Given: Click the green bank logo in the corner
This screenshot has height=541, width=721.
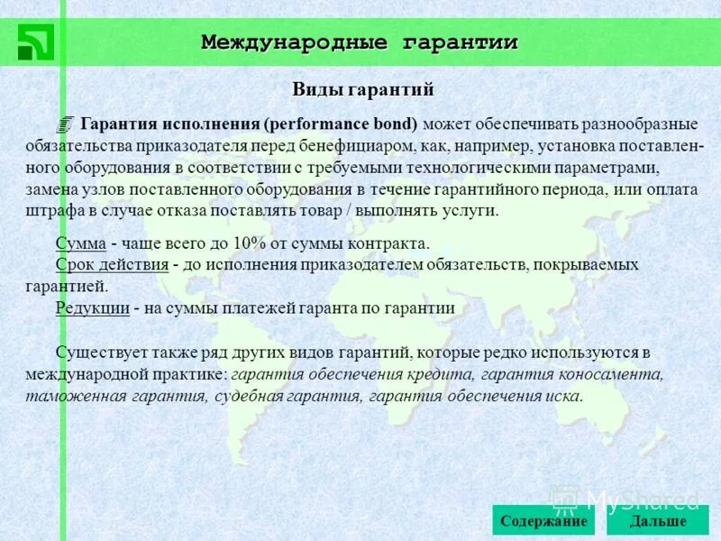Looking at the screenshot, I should click(35, 41).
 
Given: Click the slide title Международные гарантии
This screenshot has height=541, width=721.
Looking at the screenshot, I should click(359, 41).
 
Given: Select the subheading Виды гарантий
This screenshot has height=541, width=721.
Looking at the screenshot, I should click(363, 89).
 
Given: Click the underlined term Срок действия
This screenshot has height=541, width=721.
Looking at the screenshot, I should click(112, 265).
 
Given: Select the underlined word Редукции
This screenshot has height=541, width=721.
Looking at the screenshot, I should click(91, 307).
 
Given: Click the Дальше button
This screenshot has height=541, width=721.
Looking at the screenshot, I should click(658, 521).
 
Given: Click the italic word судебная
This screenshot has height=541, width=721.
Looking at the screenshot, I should click(247, 395).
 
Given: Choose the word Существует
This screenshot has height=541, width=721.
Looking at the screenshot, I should click(99, 353).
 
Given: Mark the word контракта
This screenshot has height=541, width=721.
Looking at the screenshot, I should click(388, 244).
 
